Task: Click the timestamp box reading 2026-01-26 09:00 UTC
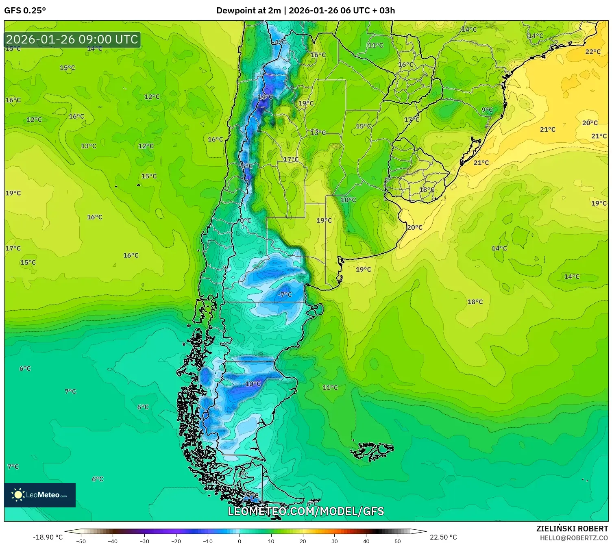(x=72, y=40)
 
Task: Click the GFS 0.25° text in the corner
(x=25, y=11)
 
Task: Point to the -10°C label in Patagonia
(x=252, y=384)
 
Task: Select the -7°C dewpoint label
(x=285, y=295)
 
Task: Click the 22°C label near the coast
(x=592, y=52)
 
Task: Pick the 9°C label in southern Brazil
(x=487, y=110)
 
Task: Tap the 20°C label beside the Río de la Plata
(x=414, y=227)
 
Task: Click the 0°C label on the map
(x=245, y=220)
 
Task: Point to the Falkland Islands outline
(x=372, y=451)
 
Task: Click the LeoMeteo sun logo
(x=18, y=495)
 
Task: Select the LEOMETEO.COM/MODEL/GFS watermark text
(x=305, y=511)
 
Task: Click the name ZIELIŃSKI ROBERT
(x=572, y=529)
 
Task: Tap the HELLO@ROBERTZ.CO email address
(x=574, y=538)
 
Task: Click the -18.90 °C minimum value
(x=48, y=537)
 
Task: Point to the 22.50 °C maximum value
(x=443, y=537)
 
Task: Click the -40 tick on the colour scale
(x=113, y=541)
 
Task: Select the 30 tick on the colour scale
(x=334, y=541)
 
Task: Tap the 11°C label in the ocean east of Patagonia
(x=330, y=388)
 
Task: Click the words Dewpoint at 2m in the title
(x=248, y=11)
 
